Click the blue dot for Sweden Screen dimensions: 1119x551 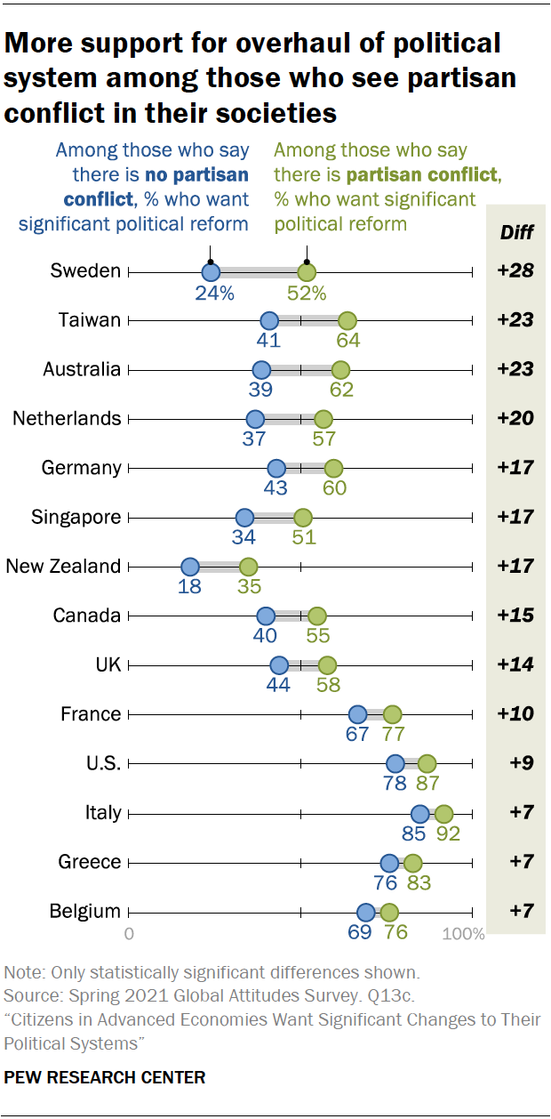pyautogui.click(x=211, y=272)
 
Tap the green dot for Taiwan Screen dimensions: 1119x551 pyautogui.click(x=347, y=321)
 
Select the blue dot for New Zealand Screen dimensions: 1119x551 pyautogui.click(x=190, y=567)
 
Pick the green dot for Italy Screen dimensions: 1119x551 pyautogui.click(x=443, y=813)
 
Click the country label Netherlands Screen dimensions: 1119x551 pyautogui.click(x=67, y=418)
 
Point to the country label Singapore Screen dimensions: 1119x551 pyautogui.click(x=76, y=517)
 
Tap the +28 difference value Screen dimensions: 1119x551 pyautogui.click(x=515, y=270)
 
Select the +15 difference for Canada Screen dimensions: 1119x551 pyautogui.click(x=515, y=616)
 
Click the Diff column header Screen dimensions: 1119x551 pyautogui.click(x=515, y=234)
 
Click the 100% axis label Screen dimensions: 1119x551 pyautogui.click(x=464, y=934)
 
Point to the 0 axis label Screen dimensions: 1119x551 pyautogui.click(x=130, y=934)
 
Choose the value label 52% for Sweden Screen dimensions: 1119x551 pyautogui.click(x=307, y=293)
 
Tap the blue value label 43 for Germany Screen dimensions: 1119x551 pyautogui.click(x=276, y=488)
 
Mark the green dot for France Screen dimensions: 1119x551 pyautogui.click(x=392, y=714)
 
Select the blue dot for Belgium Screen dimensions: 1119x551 pyautogui.click(x=366, y=912)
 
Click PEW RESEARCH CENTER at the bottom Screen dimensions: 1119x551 pyautogui.click(x=105, y=1077)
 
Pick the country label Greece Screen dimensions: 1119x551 pyautogui.click(x=90, y=862)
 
